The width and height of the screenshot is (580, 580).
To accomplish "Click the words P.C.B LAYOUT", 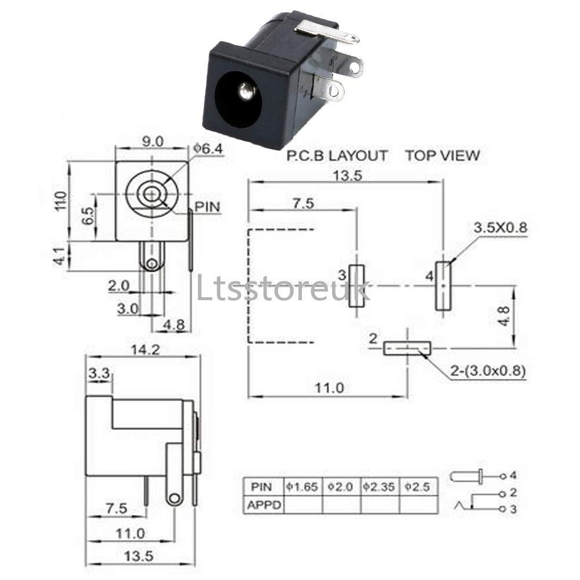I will click(x=337, y=155).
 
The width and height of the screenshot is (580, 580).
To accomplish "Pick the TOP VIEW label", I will click(x=442, y=155).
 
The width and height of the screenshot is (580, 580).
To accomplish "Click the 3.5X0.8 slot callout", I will click(x=501, y=228).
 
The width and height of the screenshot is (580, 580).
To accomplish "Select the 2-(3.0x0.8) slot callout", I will click(x=488, y=371).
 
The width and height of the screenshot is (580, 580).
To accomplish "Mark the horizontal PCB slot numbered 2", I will click(x=407, y=348).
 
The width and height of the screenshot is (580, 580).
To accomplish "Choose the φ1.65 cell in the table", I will click(x=302, y=487).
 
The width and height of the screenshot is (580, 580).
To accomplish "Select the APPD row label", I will click(x=262, y=505).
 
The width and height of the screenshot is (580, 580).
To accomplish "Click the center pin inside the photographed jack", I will click(x=246, y=92).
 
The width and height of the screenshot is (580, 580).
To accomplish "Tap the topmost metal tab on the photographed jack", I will click(x=327, y=34).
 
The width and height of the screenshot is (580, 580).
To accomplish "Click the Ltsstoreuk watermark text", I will click(x=283, y=289).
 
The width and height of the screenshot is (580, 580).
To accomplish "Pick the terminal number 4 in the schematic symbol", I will click(x=512, y=476).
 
